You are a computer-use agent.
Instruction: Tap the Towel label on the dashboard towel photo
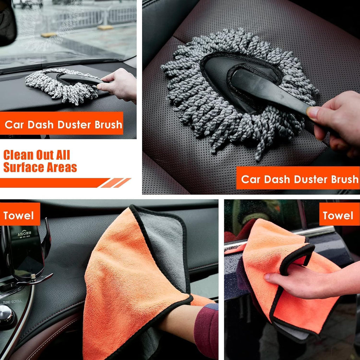[x=19, y=216]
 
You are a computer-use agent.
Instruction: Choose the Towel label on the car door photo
[x=338, y=216]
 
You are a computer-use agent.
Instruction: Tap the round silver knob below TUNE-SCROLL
[x=6, y=316]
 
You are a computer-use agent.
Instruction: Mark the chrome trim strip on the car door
[x=316, y=232]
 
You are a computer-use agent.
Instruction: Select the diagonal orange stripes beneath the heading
[x=116, y=183]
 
